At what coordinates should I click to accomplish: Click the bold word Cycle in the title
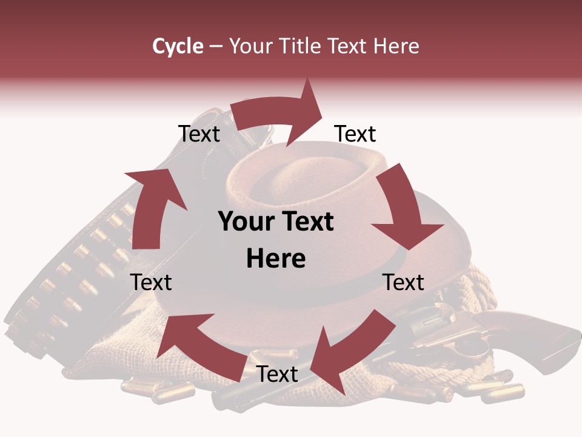click(x=178, y=46)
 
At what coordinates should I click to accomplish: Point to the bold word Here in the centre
click(x=276, y=259)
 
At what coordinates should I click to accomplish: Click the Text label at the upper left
click(x=199, y=134)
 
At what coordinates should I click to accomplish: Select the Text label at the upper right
click(x=355, y=134)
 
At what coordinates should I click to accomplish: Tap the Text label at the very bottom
click(x=277, y=374)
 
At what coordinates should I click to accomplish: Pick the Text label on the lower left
click(x=151, y=282)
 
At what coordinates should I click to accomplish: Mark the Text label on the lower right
click(x=404, y=282)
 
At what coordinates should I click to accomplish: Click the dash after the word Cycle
click(x=216, y=46)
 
